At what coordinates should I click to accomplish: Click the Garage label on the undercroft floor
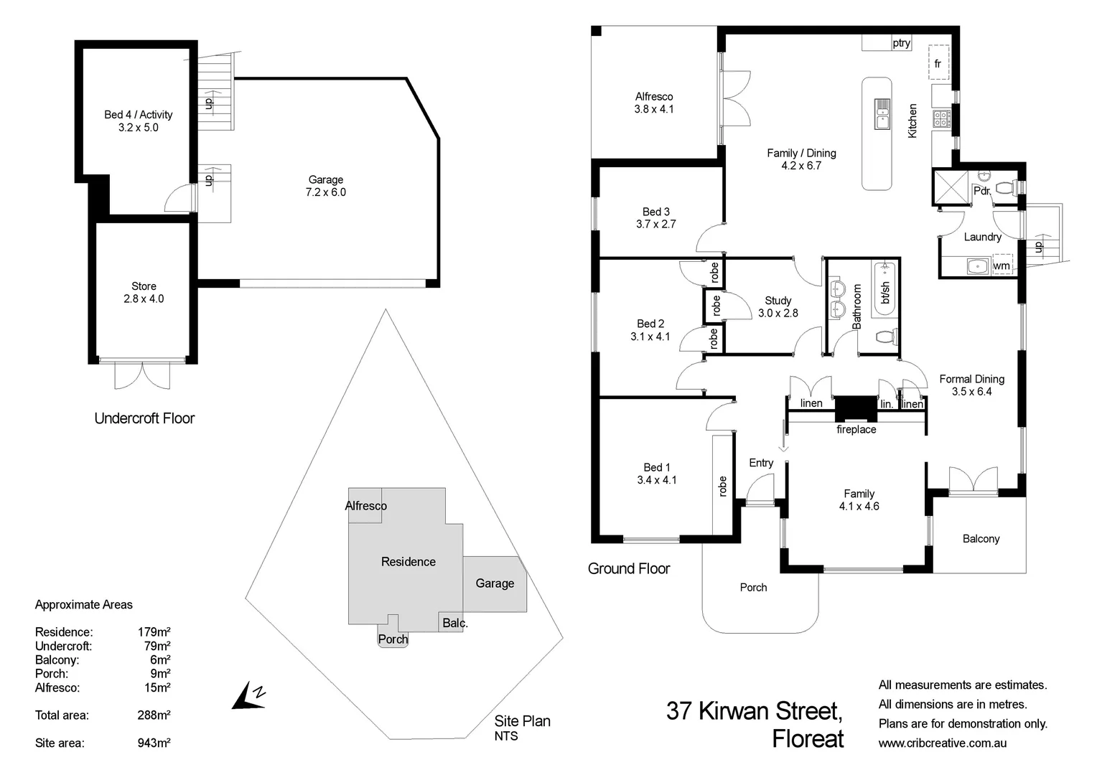pyautogui.click(x=325, y=179)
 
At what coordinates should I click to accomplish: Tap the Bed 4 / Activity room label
pyautogui.click(x=138, y=114)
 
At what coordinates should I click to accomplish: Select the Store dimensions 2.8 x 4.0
pyautogui.click(x=144, y=299)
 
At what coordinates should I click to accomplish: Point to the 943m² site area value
pyautogui.click(x=154, y=743)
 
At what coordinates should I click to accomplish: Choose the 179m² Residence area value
pyautogui.click(x=154, y=632)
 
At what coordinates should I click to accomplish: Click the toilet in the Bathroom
pyautogui.click(x=886, y=336)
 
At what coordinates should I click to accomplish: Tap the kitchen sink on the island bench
pyautogui.click(x=881, y=114)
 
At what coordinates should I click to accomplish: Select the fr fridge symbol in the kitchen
pyautogui.click(x=938, y=63)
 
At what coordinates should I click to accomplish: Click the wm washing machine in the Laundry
pyautogui.click(x=1002, y=265)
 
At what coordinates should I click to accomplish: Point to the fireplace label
pyautogui.click(x=856, y=429)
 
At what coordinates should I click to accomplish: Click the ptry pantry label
pyautogui.click(x=901, y=43)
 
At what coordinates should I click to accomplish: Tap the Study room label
pyautogui.click(x=778, y=301)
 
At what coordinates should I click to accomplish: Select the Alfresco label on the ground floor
pyautogui.click(x=653, y=96)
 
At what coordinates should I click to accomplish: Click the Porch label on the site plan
pyautogui.click(x=393, y=639)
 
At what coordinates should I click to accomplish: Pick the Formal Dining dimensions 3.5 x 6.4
pyautogui.click(x=971, y=392)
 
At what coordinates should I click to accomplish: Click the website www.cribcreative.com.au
pyautogui.click(x=942, y=743)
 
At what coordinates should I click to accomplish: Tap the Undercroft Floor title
pyautogui.click(x=144, y=418)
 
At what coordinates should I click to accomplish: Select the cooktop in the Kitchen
pyautogui.click(x=940, y=118)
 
